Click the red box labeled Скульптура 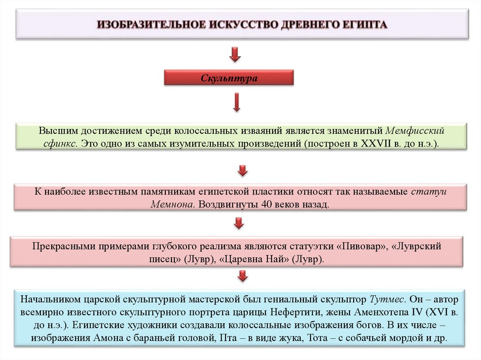pyautogui.click(x=229, y=78)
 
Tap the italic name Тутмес pyautogui.click(x=386, y=299)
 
